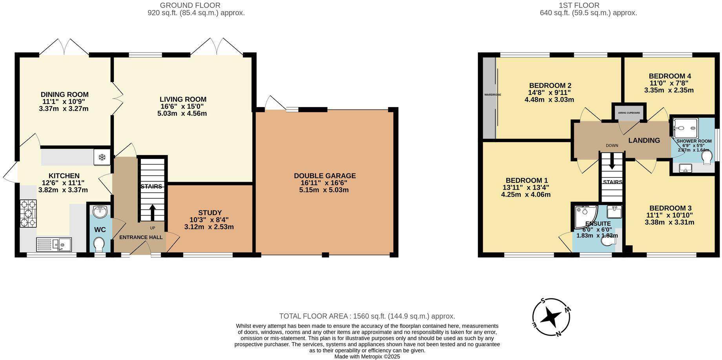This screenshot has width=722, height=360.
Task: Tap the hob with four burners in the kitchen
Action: pos(28,214)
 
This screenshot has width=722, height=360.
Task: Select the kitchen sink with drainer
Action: pos(54,244)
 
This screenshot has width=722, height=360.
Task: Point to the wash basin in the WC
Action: pos(100,212)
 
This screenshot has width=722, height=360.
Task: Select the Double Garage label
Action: pos(325,176)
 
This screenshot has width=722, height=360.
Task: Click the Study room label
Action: pos(210,213)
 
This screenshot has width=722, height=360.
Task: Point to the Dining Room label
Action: pos(65,95)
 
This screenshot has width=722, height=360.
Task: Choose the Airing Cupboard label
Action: pos(629,113)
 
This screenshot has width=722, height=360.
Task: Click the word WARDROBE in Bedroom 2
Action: pos(492,95)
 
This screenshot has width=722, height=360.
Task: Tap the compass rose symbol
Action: pos(551,317)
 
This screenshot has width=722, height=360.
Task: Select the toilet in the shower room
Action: pos(707,158)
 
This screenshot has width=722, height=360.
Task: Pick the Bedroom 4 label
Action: pos(670,76)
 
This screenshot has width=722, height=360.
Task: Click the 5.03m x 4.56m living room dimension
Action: pos(183,114)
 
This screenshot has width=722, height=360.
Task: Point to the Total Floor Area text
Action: pos(367,316)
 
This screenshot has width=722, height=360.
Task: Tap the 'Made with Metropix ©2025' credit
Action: pos(367,356)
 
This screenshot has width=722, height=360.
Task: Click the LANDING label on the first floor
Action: pos(644,141)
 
